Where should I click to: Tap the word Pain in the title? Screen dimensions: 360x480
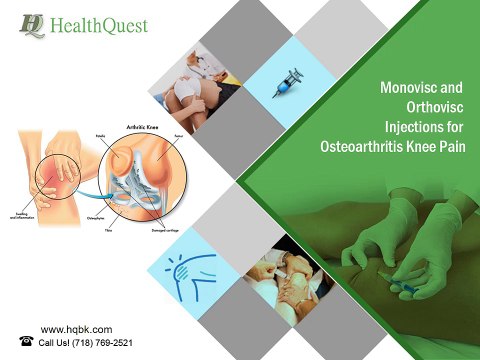(x=456, y=148)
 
